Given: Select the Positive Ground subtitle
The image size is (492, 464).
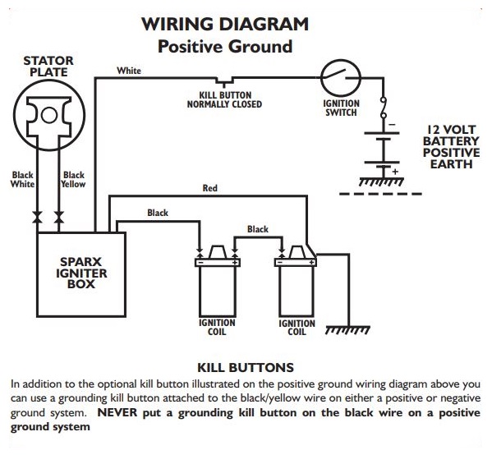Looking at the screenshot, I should tap(225, 46).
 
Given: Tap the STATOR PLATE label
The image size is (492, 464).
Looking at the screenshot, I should tap(48, 66).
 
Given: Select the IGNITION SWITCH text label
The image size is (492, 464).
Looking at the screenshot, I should tap(341, 108).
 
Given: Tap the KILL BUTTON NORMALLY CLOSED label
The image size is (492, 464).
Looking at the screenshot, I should tap(224, 99).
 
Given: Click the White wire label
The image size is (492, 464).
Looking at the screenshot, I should tap(129, 71).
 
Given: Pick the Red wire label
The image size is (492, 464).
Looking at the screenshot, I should tap(210, 188).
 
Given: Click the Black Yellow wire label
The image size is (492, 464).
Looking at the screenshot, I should tap(74, 180).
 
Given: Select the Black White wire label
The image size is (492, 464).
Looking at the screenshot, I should tap(22, 180).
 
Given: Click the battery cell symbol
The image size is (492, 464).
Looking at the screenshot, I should tap(381, 147).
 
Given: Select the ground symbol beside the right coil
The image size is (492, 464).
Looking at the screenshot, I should tap(344, 333).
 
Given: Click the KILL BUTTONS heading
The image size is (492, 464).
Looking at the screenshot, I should tap(246, 366).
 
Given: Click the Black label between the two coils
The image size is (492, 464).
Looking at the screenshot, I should tap(258, 229).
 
